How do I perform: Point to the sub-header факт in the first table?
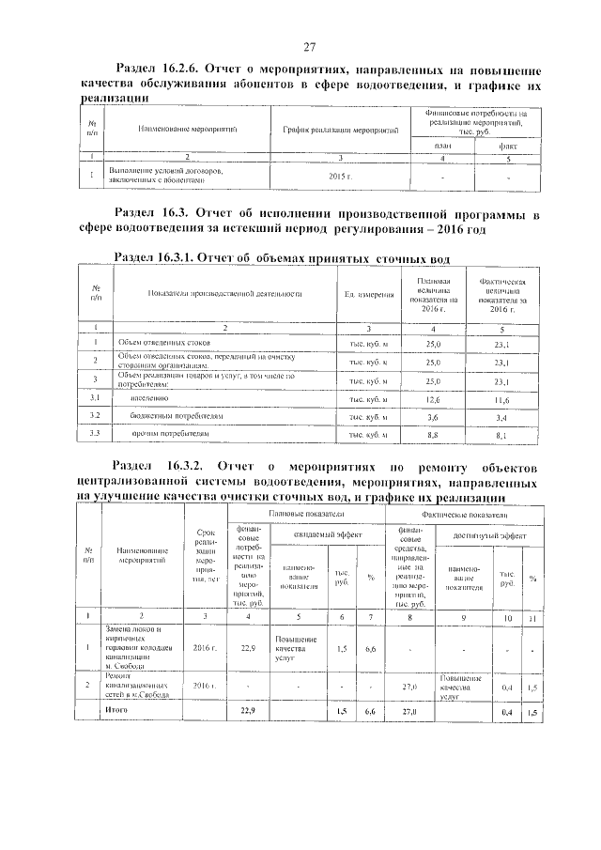pos(507,146)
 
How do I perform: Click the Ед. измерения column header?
pos(368,295)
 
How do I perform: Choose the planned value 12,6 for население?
pos(433,398)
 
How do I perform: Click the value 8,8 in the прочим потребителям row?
pos(433,434)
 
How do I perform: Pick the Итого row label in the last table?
pos(118,710)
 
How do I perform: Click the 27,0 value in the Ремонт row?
pos(408,687)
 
